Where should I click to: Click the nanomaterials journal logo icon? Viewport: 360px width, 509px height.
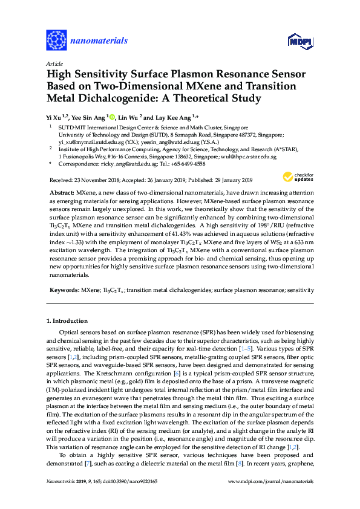coord(56,41)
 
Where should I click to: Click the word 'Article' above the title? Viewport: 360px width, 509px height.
coord(54,63)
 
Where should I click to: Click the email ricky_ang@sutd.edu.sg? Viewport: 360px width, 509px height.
coord(117,164)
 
